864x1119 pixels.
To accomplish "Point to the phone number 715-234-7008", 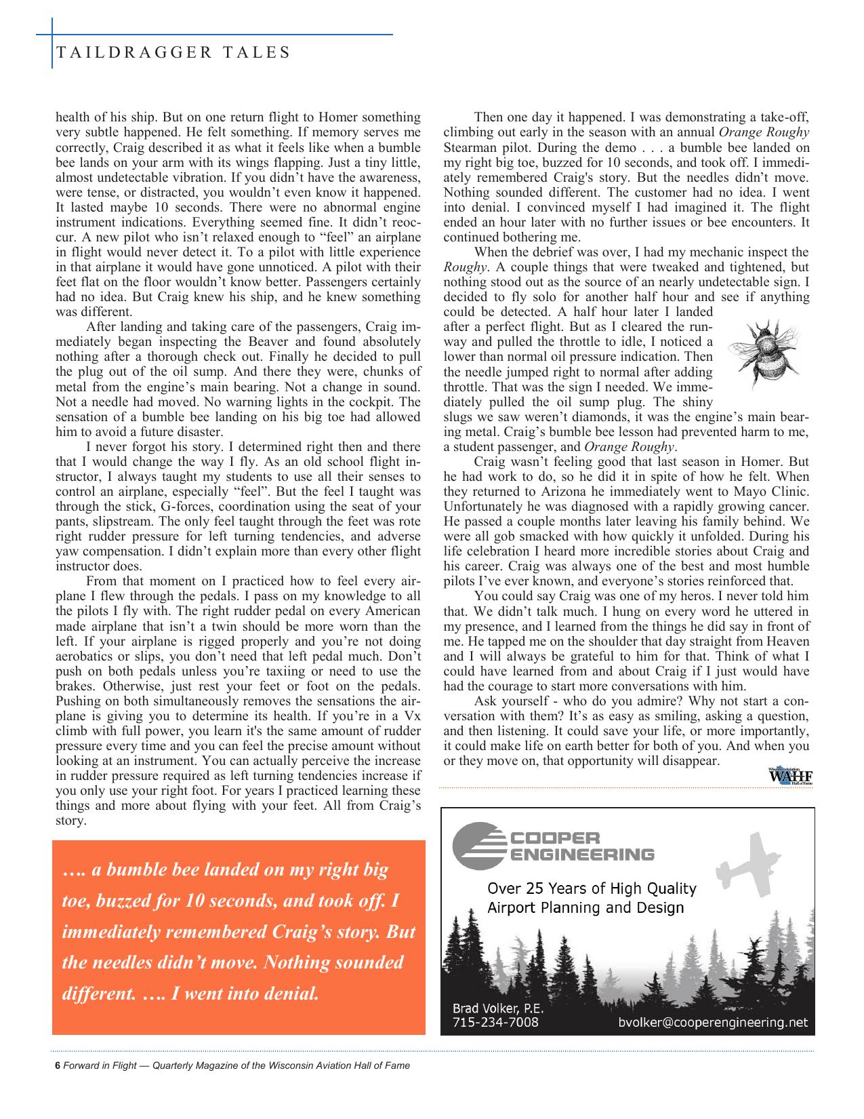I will click(x=495, y=1021).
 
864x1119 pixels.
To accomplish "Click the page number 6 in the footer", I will click(x=58, y=1065).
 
